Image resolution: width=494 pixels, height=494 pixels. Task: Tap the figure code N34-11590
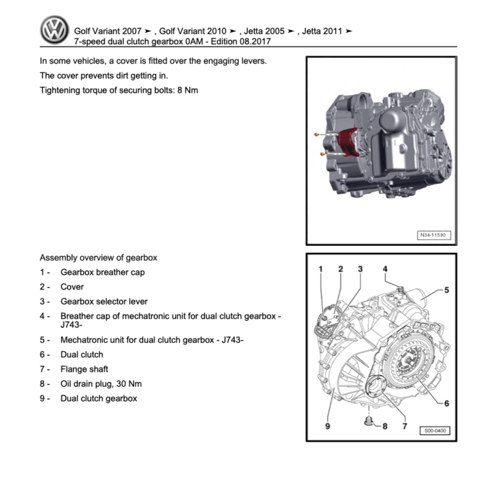(x=433, y=236)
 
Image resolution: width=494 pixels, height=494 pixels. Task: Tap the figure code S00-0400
(x=434, y=431)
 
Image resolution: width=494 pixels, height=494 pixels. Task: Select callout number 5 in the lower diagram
(x=446, y=290)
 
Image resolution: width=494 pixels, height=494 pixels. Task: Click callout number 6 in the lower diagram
(x=446, y=403)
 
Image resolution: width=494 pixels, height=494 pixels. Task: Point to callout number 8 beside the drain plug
(x=385, y=426)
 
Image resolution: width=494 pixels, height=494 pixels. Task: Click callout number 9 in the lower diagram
(x=327, y=426)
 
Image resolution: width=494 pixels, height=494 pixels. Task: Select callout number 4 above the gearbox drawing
(x=385, y=269)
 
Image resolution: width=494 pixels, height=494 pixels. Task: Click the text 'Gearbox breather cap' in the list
(x=102, y=272)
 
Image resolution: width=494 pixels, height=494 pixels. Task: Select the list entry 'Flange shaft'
(x=84, y=369)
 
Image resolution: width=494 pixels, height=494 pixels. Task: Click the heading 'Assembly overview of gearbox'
(x=99, y=258)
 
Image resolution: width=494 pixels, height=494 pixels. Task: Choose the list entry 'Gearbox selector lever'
(x=104, y=302)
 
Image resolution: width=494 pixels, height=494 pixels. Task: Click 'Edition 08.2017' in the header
(x=241, y=41)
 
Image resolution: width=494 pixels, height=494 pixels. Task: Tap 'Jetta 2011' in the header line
(x=322, y=31)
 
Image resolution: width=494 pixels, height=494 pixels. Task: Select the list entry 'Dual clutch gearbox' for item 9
(x=99, y=399)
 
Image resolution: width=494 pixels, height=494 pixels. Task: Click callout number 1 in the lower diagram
(x=320, y=269)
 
